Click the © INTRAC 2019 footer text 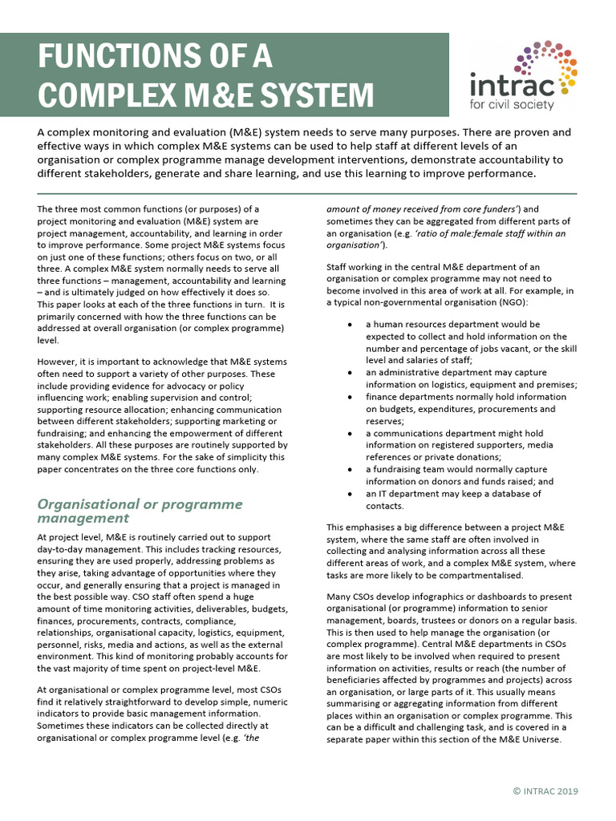pos(545,791)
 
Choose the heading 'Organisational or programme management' pos(140,511)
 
